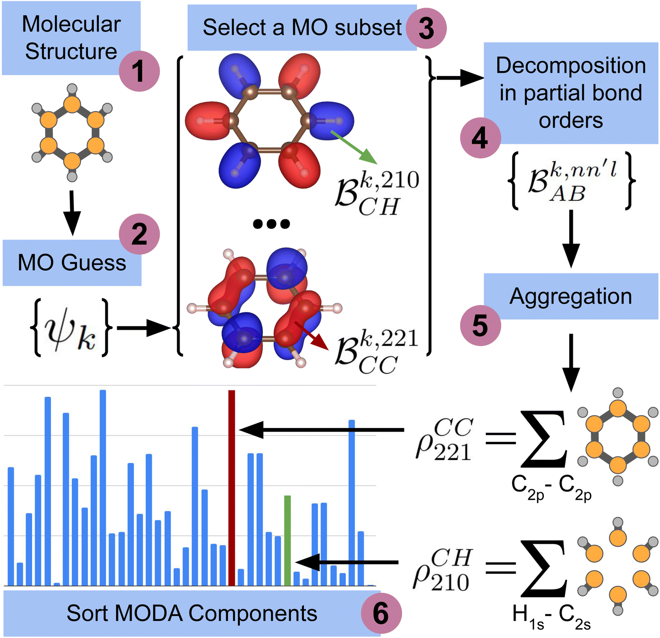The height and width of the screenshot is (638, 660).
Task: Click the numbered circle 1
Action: pos(139,71)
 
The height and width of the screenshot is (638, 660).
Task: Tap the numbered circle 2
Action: pos(139,234)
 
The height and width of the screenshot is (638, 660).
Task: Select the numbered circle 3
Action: pos(426,28)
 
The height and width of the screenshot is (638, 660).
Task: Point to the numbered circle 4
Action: pos(480,138)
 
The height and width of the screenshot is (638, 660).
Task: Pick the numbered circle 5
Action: pos(480,326)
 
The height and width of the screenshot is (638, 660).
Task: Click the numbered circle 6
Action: pos(381,613)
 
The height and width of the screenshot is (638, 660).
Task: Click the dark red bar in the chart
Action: pos(231,487)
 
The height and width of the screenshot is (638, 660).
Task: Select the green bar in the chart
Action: pos(287,541)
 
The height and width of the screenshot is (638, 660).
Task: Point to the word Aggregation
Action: pos(571,296)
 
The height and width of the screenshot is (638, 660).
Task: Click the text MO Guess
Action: pos(71,262)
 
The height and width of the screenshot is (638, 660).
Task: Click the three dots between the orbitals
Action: pos(271,223)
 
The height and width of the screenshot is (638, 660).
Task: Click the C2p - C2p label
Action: pos(551,487)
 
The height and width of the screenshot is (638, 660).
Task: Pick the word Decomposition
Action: pos(571,66)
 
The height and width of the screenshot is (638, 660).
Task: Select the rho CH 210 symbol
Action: pos(442,570)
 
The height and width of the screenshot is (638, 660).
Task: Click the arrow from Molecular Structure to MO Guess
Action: pos(71,212)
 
